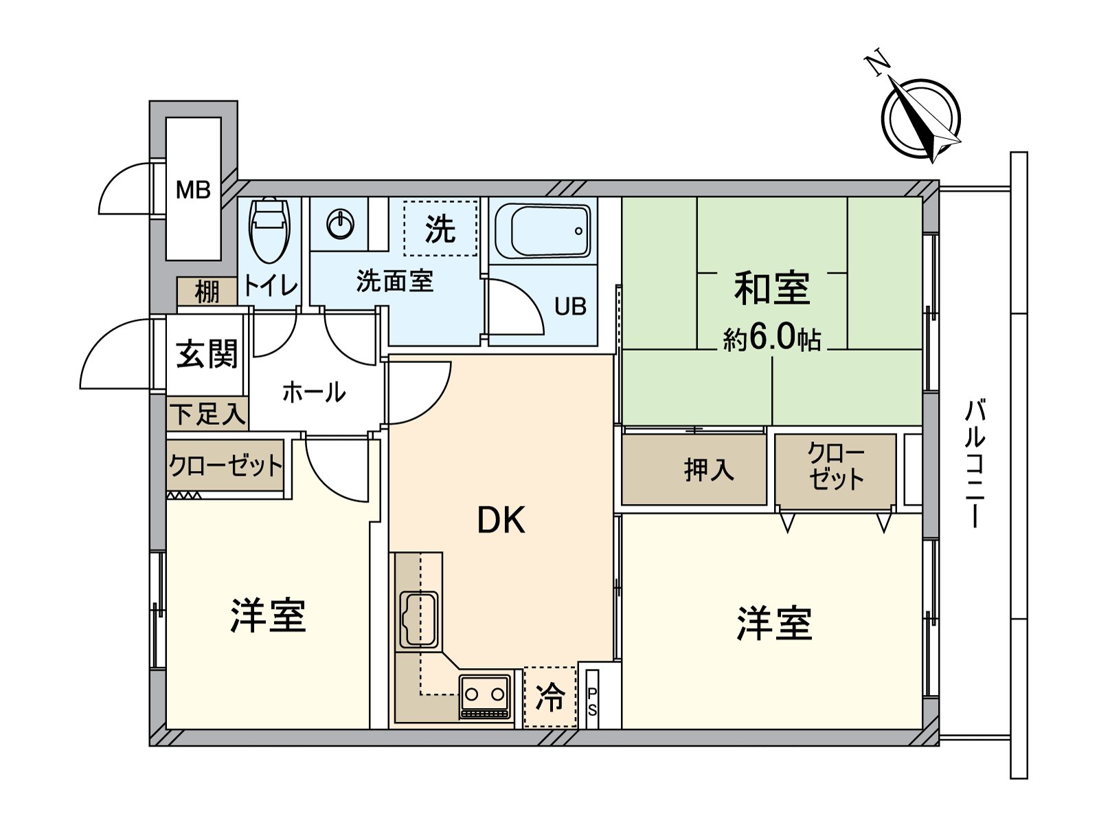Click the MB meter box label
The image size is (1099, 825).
[x=193, y=190]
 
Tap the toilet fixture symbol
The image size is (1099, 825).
[x=269, y=230]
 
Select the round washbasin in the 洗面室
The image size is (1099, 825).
[x=341, y=224]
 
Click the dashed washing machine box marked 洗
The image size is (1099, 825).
[x=440, y=228]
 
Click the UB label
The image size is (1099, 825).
[x=570, y=307]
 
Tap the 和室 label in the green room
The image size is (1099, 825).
[x=771, y=289]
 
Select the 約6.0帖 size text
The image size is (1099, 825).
[x=771, y=338]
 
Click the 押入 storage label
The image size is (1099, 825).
[x=709, y=470]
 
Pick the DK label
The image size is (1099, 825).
[x=501, y=520]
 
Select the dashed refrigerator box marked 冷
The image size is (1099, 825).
[x=550, y=697]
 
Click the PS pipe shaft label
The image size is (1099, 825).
[x=592, y=701]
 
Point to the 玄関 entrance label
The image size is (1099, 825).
[x=207, y=354]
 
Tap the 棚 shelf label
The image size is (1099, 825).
[x=207, y=291]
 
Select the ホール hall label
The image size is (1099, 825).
[x=314, y=393]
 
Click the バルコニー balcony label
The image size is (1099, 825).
[x=975, y=464]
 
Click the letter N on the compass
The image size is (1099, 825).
[x=877, y=64]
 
